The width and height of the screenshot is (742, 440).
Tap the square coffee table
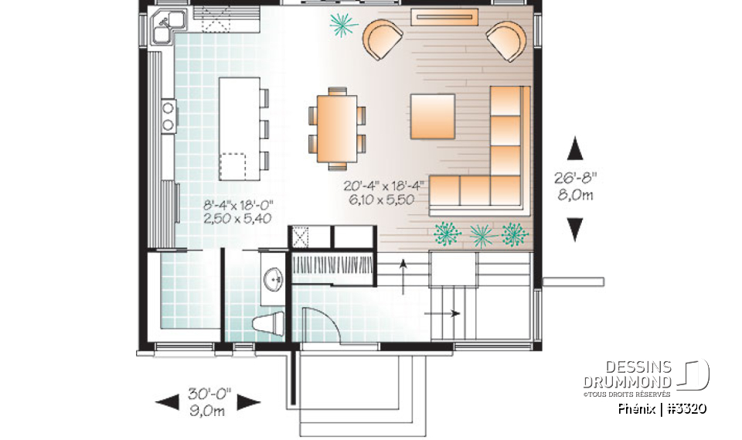(432, 116)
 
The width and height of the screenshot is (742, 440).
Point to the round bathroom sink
(274, 281)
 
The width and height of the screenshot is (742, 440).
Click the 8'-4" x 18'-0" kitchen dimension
(239, 212)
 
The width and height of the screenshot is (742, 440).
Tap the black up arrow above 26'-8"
(574, 148)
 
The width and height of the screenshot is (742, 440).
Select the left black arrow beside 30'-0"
(166, 401)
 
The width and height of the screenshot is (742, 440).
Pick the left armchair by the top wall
(383, 39)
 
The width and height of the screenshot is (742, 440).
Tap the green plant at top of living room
(342, 25)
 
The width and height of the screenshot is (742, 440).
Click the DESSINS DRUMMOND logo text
(627, 374)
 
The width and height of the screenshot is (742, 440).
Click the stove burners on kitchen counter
(167, 115)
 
